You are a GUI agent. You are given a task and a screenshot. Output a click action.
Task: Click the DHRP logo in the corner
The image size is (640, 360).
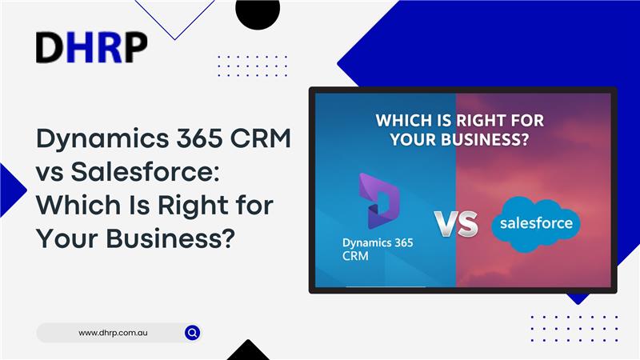pos(91,48)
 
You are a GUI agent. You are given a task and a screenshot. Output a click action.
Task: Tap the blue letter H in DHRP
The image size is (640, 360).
pos(78,48)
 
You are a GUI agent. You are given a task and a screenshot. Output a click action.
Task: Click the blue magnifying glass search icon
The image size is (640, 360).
pos(192,332)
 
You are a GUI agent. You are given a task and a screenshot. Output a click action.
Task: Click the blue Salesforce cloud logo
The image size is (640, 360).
pos(535,223)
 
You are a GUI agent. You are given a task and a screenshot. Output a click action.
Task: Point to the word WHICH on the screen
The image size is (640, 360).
pos(408,122)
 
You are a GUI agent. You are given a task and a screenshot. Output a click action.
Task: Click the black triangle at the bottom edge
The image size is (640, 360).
pos(248,352)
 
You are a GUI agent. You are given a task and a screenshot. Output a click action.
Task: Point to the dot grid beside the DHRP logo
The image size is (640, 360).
pos(252,66)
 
